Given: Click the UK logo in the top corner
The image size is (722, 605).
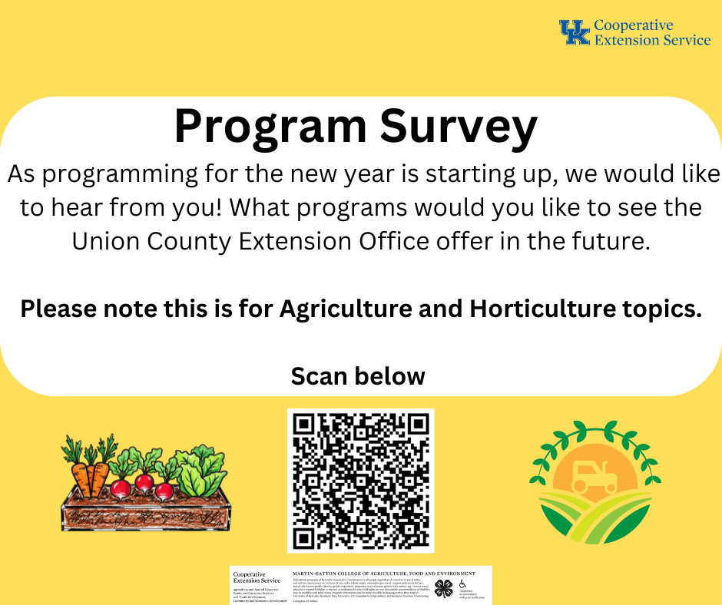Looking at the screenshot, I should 575,32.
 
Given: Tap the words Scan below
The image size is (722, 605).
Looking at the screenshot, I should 358,376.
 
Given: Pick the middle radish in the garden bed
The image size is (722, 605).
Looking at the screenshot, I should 144,482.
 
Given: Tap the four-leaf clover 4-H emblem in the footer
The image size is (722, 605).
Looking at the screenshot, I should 443,588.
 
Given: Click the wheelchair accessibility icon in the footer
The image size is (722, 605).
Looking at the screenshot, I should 462,585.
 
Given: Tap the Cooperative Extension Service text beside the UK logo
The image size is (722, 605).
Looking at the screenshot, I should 651,32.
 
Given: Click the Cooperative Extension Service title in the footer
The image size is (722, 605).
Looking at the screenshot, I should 257,577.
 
